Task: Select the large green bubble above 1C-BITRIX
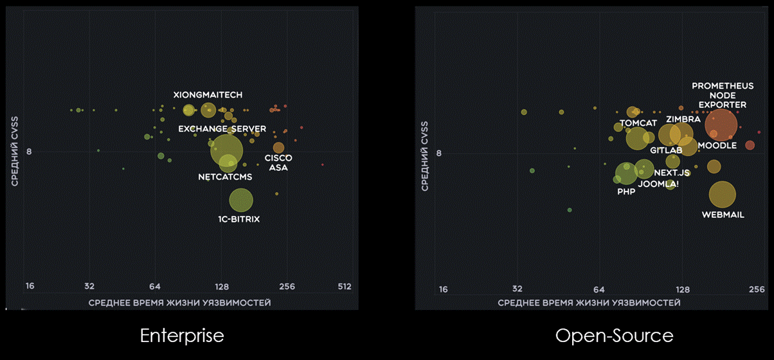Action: (240, 201)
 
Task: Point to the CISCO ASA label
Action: (278, 163)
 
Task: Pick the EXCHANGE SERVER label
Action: (213, 129)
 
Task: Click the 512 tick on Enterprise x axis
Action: (345, 287)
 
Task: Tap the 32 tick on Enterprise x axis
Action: (89, 287)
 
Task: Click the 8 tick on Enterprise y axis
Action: (29, 152)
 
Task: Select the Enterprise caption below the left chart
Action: (182, 336)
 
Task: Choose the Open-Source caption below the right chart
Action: (614, 336)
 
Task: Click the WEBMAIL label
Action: (723, 215)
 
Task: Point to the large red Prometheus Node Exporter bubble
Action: (721, 125)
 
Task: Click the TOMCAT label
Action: (638, 123)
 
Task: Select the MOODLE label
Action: (717, 146)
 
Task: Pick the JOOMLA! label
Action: (658, 184)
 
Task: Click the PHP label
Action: (626, 192)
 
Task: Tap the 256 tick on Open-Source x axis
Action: (756, 289)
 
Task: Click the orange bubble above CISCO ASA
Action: (278, 148)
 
